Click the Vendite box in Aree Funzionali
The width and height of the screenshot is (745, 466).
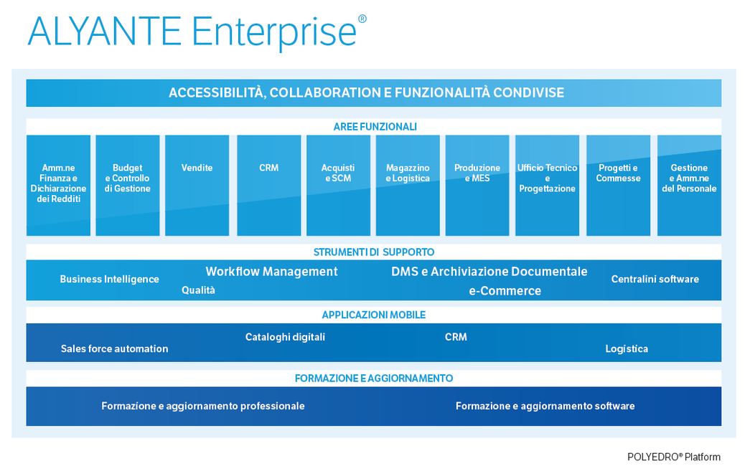pos(197,186)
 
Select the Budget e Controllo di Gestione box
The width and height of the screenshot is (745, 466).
pos(128,186)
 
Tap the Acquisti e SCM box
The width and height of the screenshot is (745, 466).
pos(338,186)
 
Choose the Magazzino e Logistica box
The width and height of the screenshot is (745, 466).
pos(408,186)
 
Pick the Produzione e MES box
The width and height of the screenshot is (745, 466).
pos(477,186)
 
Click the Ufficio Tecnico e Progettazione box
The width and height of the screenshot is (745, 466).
pos(548,186)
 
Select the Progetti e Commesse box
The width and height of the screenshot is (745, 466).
pos(618,186)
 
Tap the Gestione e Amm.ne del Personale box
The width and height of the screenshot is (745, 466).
pos(690,186)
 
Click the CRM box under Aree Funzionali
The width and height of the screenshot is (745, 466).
pos(269,186)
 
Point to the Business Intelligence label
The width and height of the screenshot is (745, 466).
pos(109,279)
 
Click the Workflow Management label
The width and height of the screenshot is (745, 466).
pos(272,272)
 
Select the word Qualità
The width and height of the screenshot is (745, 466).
pos(198,290)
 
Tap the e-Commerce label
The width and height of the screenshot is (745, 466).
pos(505,291)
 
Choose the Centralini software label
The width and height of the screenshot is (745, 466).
pos(655,279)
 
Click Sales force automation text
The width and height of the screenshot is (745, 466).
pos(115,349)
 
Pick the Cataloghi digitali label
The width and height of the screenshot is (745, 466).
pos(285,337)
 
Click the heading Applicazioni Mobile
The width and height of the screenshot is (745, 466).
pos(374,315)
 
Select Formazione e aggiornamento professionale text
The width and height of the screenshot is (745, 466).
pos(203,406)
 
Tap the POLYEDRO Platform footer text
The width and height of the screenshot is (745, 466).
pos(674,457)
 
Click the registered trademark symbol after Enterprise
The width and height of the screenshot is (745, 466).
pos(362,19)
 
